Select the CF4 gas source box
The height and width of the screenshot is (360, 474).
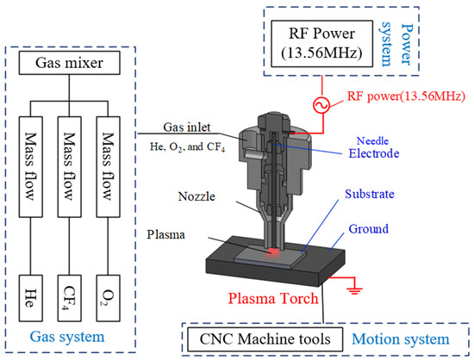(73, 290)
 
